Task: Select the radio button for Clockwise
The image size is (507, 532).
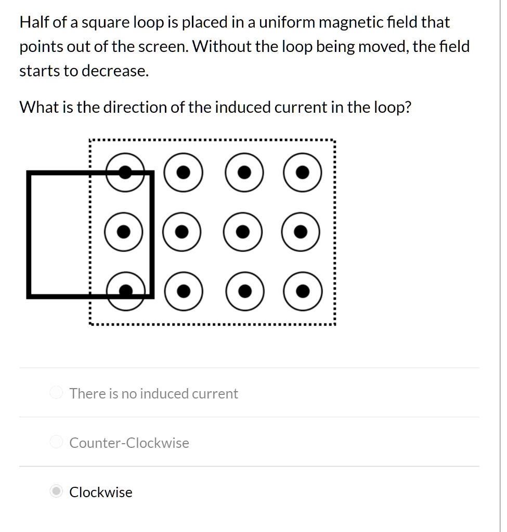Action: (56, 491)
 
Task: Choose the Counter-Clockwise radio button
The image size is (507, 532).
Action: (56, 443)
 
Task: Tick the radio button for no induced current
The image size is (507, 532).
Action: (56, 393)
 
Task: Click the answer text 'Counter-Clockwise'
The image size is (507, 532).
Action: (129, 443)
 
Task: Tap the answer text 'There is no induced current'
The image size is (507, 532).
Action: (153, 393)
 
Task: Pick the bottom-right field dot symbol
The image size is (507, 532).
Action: (303, 291)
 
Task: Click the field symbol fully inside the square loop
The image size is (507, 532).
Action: (123, 232)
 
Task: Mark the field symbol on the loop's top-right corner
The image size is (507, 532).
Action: (125, 172)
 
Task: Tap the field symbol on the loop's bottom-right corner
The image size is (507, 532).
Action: (125, 291)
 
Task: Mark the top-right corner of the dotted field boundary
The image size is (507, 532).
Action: (334, 140)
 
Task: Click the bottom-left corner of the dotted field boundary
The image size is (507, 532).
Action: (90, 324)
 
